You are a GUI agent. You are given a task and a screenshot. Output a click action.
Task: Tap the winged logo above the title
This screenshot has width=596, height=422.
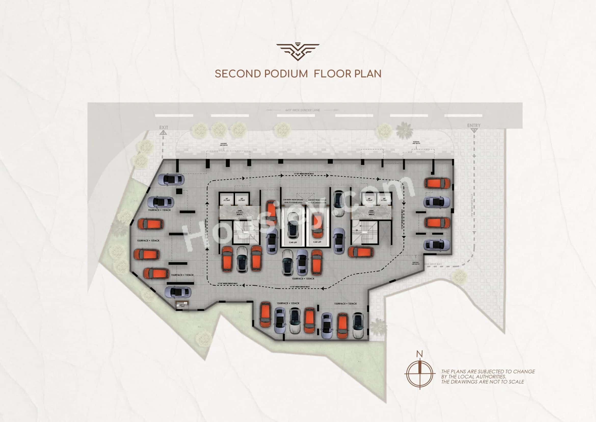(298, 52)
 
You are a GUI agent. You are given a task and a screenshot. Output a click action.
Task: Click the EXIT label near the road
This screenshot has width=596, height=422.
(164, 127)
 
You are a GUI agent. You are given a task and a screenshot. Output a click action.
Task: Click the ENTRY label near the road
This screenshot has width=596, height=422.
(474, 126)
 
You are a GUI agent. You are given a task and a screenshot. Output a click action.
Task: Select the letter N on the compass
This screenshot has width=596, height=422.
(419, 354)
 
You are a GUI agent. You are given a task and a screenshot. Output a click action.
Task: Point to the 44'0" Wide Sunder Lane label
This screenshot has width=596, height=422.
(302, 110)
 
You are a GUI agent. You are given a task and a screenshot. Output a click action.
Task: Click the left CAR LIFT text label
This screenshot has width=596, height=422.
(293, 242)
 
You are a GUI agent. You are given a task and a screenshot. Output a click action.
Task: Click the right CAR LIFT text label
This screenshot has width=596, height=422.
(317, 242)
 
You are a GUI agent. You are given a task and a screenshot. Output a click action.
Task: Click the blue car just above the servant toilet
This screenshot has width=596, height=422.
(178, 292)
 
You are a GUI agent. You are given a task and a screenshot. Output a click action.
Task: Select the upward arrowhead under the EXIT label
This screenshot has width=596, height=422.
(163, 133)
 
